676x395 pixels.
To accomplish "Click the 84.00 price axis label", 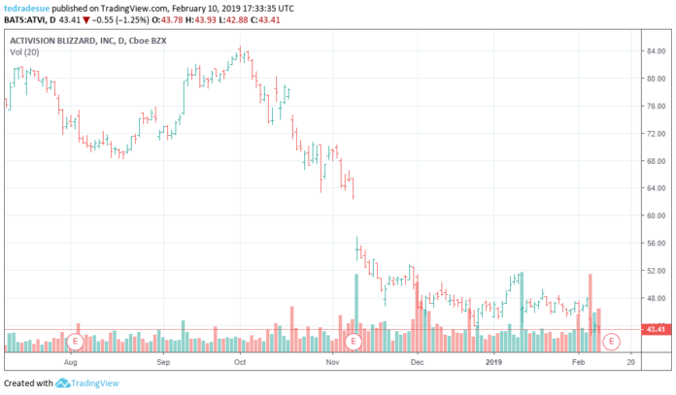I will (x=654, y=50).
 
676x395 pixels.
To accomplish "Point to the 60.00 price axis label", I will (x=654, y=215).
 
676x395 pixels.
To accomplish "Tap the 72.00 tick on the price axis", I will (x=654, y=133).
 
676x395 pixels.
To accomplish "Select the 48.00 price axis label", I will (x=654, y=298).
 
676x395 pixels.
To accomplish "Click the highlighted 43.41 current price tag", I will (x=655, y=330).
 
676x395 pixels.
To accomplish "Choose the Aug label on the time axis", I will (x=70, y=361).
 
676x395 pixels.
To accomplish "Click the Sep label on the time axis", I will (x=163, y=361).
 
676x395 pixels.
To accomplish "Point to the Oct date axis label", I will (x=239, y=361).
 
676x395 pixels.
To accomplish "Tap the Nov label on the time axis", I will (x=332, y=361).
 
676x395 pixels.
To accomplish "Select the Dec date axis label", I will (x=418, y=361).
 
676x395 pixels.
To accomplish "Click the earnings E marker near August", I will (x=75, y=341).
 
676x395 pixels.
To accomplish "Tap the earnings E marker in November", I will (x=354, y=341).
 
